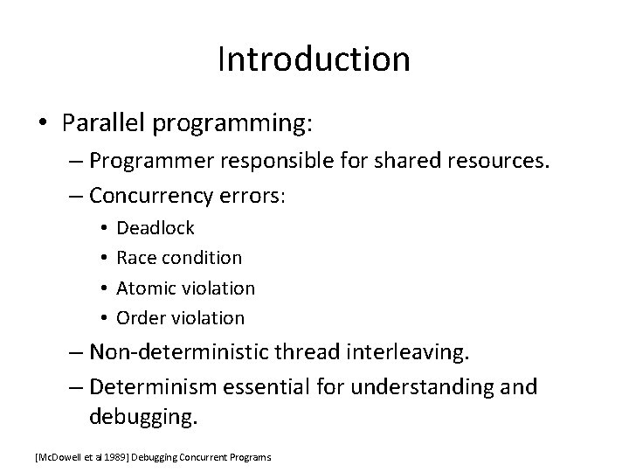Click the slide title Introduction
(x=314, y=59)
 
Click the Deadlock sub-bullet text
(x=156, y=228)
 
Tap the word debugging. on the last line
(x=143, y=417)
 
